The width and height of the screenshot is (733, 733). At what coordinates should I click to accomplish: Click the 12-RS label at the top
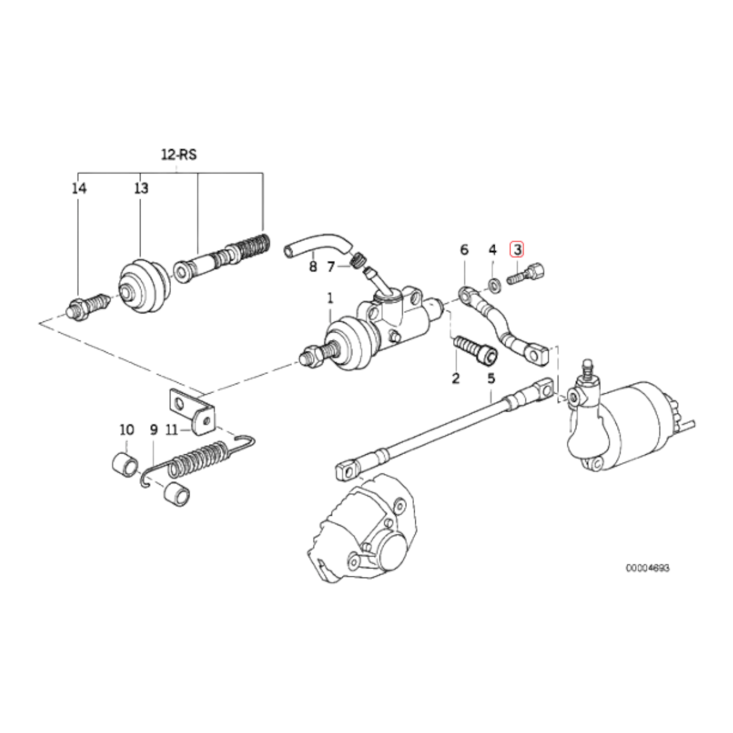pyautogui.click(x=179, y=155)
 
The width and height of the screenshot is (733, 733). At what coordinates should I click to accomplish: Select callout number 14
pyautogui.click(x=79, y=188)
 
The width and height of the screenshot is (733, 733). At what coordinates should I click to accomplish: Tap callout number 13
pyautogui.click(x=141, y=188)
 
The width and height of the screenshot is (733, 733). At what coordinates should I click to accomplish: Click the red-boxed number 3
pyautogui.click(x=518, y=250)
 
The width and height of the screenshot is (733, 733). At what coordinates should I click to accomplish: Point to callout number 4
pyautogui.click(x=492, y=250)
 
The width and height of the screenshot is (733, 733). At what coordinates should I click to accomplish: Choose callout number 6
pyautogui.click(x=464, y=250)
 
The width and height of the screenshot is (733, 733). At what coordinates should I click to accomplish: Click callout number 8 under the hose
pyautogui.click(x=313, y=267)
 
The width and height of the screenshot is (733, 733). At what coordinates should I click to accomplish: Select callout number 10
pyautogui.click(x=127, y=430)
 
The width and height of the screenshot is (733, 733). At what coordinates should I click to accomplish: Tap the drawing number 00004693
pyautogui.click(x=647, y=579)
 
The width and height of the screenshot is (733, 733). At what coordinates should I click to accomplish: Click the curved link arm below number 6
pyautogui.click(x=503, y=327)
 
